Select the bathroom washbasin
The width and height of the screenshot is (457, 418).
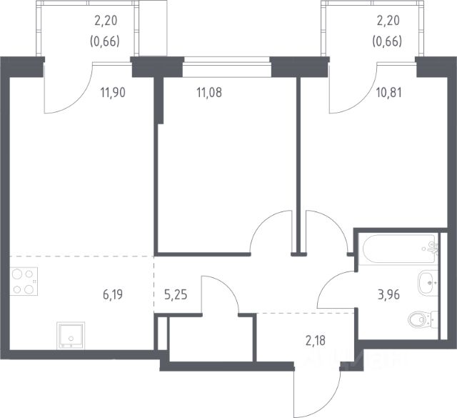pos(427,282)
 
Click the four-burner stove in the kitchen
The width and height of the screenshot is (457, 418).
pos(25,280)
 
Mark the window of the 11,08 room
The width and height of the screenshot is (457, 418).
pos(226,71)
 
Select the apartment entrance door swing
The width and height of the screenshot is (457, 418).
pos(318,392)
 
